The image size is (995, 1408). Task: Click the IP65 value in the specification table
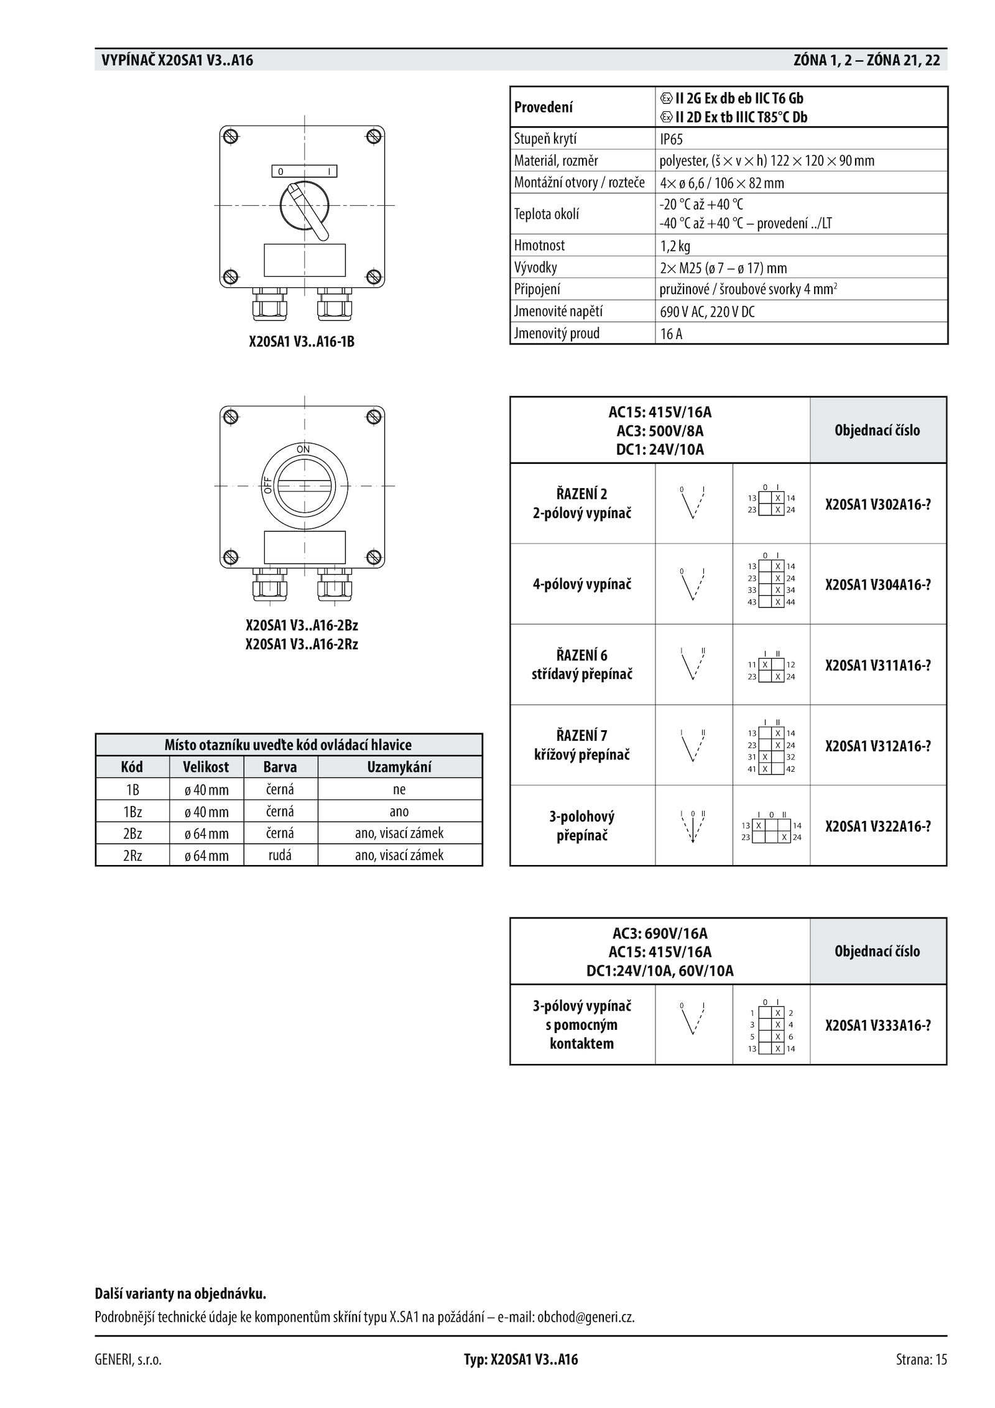671,139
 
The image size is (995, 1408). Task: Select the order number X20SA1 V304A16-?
877,584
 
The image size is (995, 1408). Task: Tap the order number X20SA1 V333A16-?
877,1026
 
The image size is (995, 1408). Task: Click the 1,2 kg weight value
675,246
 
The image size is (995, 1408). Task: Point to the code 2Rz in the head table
132,855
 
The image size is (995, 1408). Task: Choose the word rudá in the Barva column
280,855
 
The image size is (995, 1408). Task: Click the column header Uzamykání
399,767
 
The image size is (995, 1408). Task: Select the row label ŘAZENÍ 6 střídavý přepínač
581,664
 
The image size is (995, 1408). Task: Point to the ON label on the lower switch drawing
303,449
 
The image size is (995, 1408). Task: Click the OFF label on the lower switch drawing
268,485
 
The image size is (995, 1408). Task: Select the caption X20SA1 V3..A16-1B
302,341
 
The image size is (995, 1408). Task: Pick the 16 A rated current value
671,334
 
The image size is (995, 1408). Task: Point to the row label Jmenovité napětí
558,311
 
